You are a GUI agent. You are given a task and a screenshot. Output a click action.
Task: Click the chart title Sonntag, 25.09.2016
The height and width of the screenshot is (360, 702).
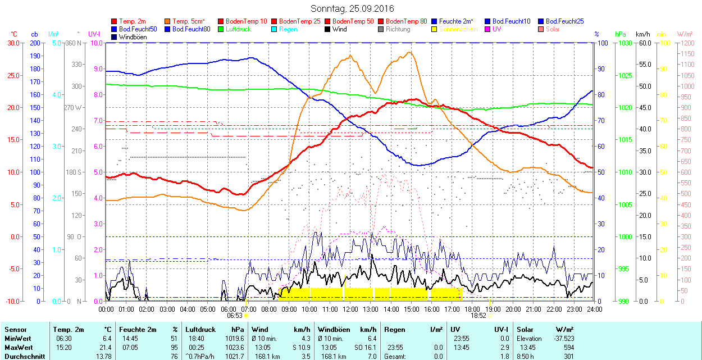(352, 8)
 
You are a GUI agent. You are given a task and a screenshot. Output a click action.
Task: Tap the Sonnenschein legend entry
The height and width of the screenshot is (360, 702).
(458, 29)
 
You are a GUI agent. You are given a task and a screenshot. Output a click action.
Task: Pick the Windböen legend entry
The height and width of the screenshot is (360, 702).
(133, 37)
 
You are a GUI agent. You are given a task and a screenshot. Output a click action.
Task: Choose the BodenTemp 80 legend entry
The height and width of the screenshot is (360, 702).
(406, 21)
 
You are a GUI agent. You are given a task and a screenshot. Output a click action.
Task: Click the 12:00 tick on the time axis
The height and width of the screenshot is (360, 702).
(350, 309)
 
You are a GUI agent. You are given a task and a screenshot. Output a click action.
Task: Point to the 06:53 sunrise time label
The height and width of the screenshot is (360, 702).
(235, 316)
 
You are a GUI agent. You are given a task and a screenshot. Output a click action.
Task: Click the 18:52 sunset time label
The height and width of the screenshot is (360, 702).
(478, 316)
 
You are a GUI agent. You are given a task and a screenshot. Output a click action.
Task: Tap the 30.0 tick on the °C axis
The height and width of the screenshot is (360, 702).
(11, 43)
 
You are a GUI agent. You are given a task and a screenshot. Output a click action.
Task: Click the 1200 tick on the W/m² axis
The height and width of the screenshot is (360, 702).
(686, 43)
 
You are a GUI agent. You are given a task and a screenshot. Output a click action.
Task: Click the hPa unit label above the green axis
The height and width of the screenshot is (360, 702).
(620, 34)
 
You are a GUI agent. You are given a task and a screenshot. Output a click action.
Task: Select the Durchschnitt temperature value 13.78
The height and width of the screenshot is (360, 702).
(103, 357)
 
